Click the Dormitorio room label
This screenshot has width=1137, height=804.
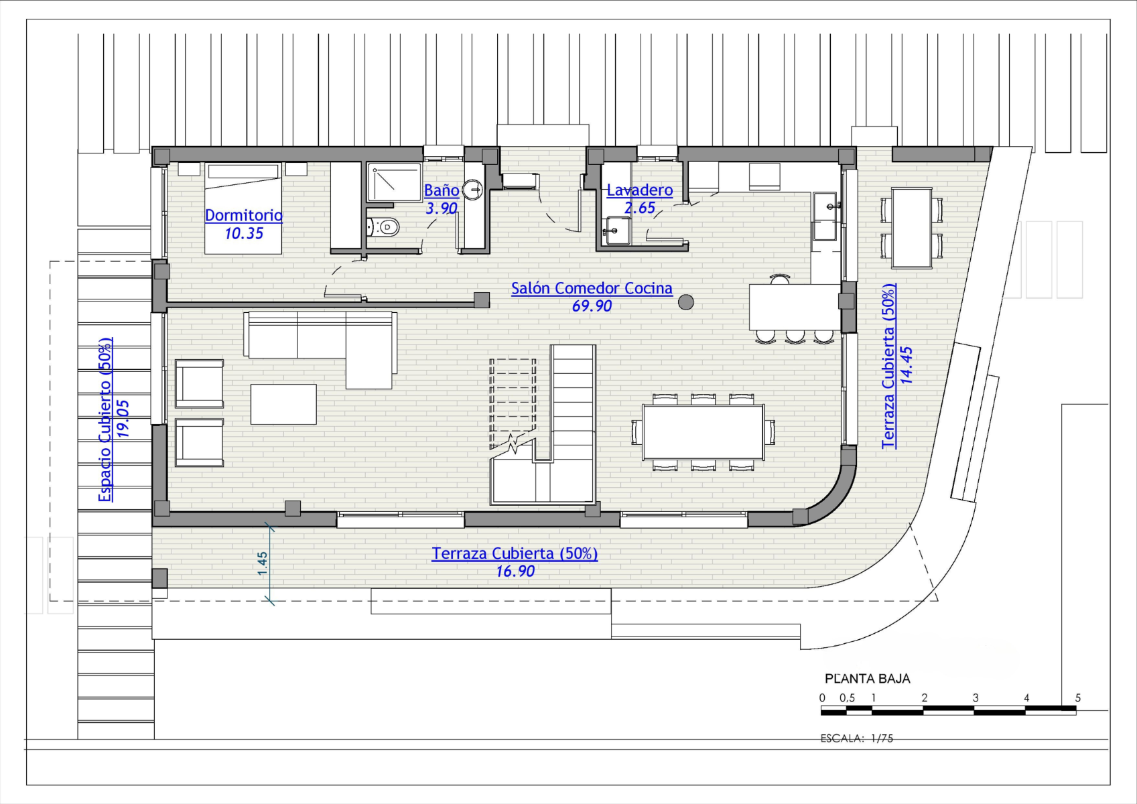244,215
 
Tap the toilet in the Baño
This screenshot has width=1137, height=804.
383,227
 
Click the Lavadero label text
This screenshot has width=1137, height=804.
640,190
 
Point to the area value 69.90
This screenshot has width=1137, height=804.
592,306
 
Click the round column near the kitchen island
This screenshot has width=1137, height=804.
686,302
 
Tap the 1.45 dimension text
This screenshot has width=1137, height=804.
263,563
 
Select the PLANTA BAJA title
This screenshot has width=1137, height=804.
868,679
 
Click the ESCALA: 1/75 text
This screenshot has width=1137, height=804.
857,738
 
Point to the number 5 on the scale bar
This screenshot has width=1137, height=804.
1077,698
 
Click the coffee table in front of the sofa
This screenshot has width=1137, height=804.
283,404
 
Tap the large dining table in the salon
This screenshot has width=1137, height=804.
703,432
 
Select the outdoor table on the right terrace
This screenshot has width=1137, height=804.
912,228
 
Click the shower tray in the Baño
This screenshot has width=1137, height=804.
395,182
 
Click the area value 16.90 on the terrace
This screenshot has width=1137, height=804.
515,572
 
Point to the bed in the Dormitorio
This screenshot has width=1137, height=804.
243,208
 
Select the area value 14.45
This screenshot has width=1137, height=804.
906,365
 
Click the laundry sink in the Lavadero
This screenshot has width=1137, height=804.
617,231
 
